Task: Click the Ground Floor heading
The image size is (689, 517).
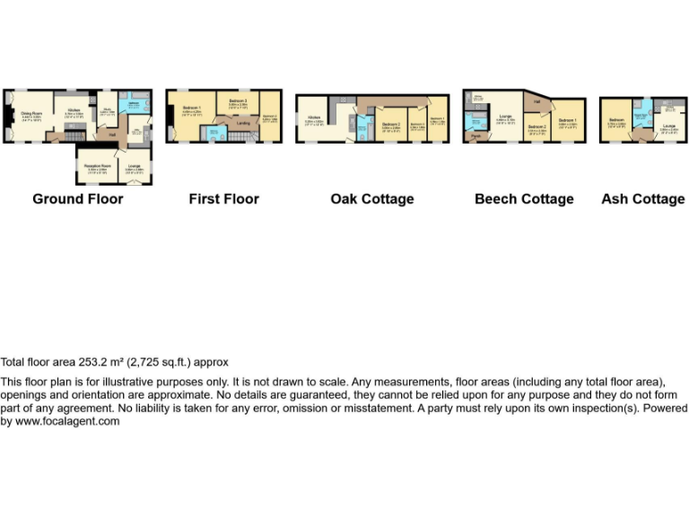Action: pos(78,198)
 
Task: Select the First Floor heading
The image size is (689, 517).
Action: pos(223,198)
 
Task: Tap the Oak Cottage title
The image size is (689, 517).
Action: pos(372,198)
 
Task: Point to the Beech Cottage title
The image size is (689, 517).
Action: pos(524,198)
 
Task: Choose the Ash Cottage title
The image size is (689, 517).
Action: pos(642,198)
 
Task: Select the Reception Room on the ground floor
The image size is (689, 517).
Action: pos(97,167)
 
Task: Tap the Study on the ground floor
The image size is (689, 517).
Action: pos(107,111)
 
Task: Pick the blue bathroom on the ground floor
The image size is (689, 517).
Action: pos(132,105)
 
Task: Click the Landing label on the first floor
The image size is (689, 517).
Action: pos(243,124)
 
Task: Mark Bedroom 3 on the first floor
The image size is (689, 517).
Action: pos(238,102)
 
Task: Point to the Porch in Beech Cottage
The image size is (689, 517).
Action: pos(475,136)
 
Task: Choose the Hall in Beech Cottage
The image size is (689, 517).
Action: pos(536,102)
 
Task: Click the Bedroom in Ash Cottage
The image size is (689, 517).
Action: pos(616,121)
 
